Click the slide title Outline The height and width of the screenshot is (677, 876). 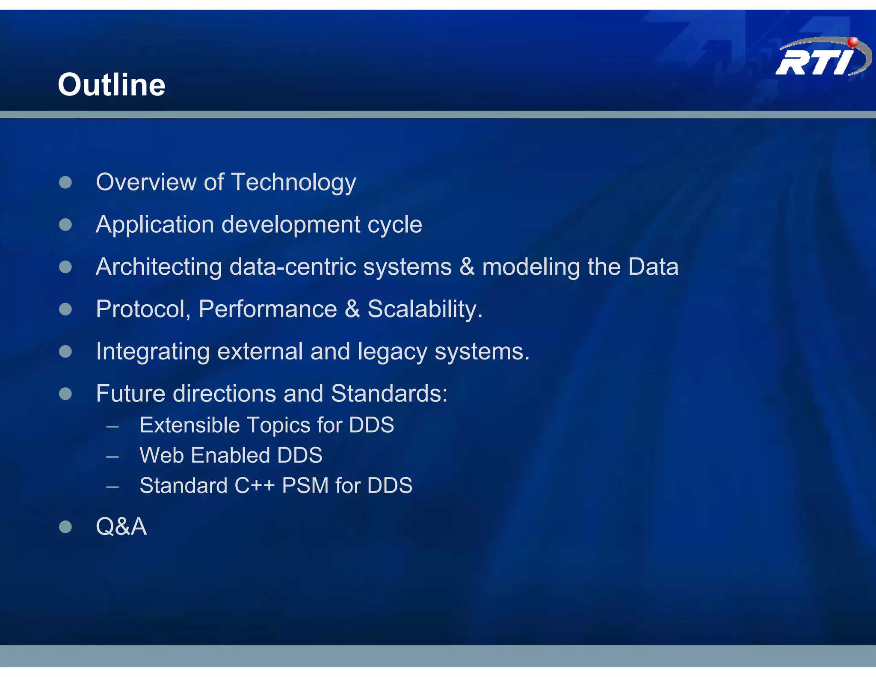click(x=112, y=85)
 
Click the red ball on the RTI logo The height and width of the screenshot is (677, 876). click(x=852, y=42)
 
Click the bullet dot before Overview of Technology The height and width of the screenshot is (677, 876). click(x=65, y=182)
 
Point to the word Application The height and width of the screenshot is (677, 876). click(x=155, y=225)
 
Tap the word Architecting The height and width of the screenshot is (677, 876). click(x=159, y=267)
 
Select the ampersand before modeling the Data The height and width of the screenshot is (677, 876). click(x=467, y=267)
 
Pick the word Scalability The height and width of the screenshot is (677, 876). click(x=425, y=309)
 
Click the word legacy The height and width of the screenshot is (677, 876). click(x=392, y=352)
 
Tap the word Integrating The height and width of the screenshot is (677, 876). click(x=153, y=352)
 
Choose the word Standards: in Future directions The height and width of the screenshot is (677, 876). click(x=389, y=393)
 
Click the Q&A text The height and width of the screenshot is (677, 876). click(x=121, y=526)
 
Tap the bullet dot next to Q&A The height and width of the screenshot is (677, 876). click(x=65, y=526)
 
